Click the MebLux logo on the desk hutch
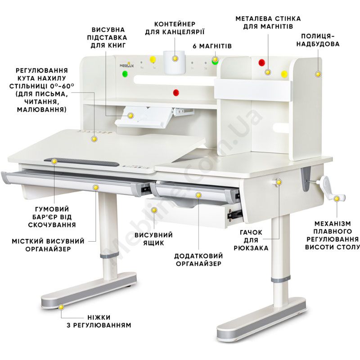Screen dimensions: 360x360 126,65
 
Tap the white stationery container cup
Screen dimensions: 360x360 174,62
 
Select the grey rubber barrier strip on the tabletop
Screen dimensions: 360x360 81,162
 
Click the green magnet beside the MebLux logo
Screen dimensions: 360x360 125,74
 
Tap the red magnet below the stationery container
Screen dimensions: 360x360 176,92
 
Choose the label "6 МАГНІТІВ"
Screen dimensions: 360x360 212,46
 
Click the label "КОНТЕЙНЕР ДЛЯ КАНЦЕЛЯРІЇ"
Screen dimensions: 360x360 175,28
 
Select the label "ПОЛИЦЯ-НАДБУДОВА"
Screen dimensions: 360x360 318,40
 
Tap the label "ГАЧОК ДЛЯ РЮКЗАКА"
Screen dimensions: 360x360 251,240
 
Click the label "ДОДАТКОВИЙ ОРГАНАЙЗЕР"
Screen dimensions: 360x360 198,260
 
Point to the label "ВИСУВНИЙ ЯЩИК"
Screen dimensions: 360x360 153,239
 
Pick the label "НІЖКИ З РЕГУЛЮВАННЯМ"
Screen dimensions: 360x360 99,321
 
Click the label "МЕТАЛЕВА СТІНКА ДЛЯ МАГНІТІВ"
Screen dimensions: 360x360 268,22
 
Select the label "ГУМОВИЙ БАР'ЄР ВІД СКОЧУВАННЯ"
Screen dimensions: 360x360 52,217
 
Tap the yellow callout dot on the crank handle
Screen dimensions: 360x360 337,199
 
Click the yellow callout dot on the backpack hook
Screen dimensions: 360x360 279,182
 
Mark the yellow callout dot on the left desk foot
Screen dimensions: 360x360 61,307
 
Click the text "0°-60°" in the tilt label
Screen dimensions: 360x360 62,86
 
